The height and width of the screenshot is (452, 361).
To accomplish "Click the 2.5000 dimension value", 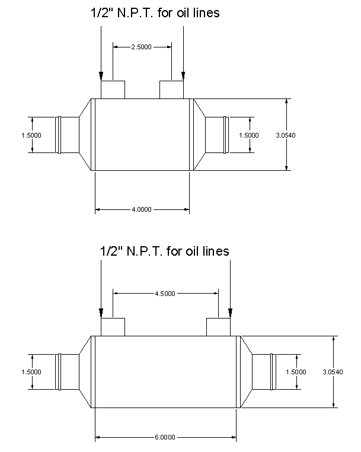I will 142,46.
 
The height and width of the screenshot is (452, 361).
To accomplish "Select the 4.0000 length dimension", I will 142,209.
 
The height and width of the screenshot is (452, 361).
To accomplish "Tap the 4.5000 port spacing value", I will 165,293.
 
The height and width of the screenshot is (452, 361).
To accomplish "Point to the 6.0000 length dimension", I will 165,438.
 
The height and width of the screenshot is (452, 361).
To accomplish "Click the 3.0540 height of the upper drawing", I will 286,135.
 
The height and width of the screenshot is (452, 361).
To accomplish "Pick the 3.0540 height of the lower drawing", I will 333,372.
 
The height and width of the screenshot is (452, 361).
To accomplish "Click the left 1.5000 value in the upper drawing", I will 31,135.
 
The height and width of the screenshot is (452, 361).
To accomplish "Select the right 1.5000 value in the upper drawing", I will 249,135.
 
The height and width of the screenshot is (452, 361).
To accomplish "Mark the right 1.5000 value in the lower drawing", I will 296,372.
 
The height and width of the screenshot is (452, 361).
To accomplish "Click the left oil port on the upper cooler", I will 113,90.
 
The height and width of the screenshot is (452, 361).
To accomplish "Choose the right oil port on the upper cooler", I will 172,90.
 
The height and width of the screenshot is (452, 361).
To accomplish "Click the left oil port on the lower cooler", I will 113,327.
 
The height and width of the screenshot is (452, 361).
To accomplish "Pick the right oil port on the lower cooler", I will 218,327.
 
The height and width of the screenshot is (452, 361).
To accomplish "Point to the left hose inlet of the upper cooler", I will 67,135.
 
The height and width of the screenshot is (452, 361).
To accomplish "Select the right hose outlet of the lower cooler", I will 264,372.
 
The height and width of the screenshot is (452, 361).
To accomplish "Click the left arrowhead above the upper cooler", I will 101,75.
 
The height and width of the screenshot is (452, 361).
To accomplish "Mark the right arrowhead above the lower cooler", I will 230,313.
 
